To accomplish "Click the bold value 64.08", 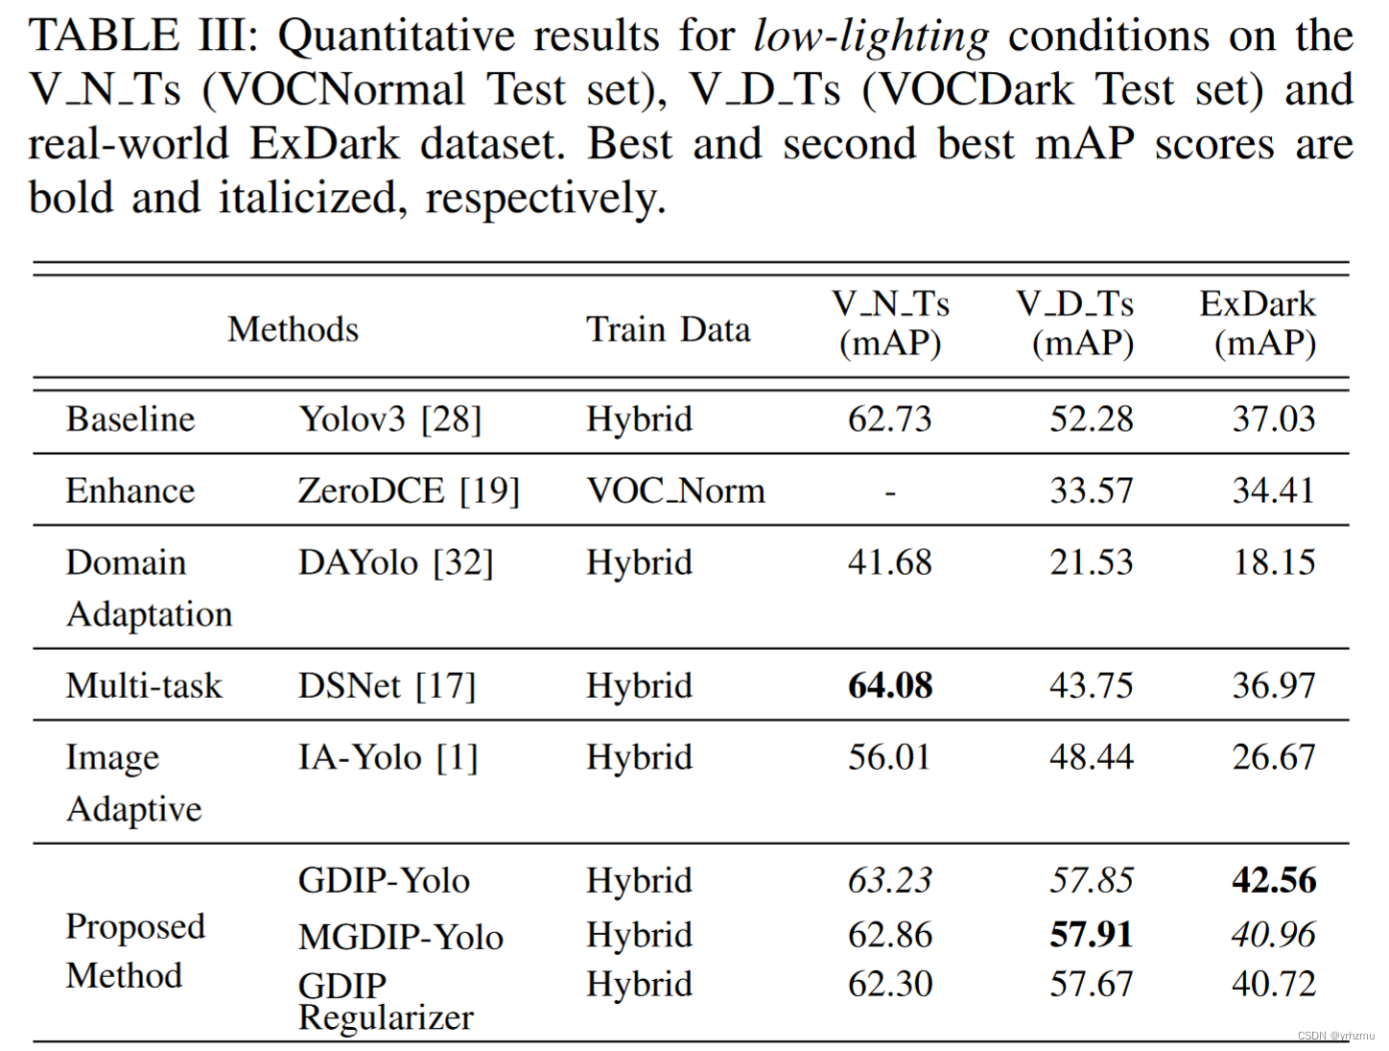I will click(x=889, y=685).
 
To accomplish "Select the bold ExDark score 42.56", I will click(x=1274, y=880).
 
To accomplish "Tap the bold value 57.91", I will click(x=1091, y=934).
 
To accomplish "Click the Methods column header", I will click(x=293, y=329).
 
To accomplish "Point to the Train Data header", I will click(x=668, y=329).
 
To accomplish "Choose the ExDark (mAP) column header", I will click(x=1259, y=323).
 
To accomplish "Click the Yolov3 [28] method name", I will click(x=389, y=418).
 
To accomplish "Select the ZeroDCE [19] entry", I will click(x=409, y=490).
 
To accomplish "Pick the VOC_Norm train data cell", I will click(x=675, y=490).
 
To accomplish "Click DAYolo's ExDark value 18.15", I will click(x=1274, y=561).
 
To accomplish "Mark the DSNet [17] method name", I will click(x=387, y=685).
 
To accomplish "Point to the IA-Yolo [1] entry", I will click(x=388, y=757).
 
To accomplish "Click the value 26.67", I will click(x=1274, y=757).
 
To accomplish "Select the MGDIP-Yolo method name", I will click(x=400, y=937).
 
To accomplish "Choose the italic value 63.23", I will click(x=889, y=880).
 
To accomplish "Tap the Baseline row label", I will click(x=130, y=418).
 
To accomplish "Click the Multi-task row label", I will click(x=144, y=685).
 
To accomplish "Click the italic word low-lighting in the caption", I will click(x=871, y=36).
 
